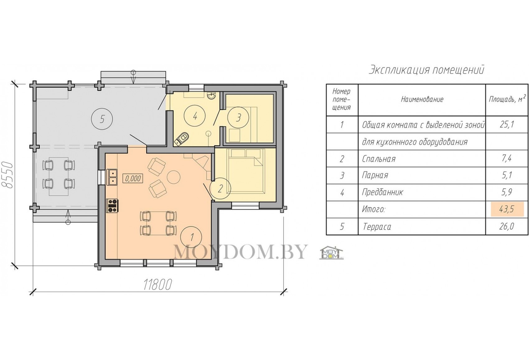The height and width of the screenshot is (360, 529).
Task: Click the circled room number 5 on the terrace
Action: [x=102, y=119]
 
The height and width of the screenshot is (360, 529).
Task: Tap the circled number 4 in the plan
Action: [x=195, y=116]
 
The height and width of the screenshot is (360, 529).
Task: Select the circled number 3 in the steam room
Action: [x=238, y=117]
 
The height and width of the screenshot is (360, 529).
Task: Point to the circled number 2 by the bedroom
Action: [x=220, y=188]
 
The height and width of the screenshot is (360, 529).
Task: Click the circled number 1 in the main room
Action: [x=191, y=237]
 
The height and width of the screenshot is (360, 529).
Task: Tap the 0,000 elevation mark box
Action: [x=133, y=178]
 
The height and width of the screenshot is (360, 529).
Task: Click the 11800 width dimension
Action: [x=157, y=285]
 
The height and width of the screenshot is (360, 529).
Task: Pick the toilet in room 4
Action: [x=182, y=139]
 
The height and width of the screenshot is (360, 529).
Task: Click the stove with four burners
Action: [x=113, y=206]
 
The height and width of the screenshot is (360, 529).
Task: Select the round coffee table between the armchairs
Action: [x=174, y=177]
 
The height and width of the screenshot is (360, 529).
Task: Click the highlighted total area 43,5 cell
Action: [x=507, y=209]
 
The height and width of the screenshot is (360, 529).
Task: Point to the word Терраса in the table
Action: [x=377, y=227]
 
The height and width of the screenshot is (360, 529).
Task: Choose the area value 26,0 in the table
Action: [x=507, y=226]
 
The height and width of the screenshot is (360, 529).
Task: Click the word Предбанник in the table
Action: [x=382, y=192]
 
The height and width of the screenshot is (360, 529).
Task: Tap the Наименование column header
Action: [x=422, y=99]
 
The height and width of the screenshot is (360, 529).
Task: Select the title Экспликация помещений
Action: [x=427, y=70]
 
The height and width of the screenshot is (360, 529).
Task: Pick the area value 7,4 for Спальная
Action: [x=507, y=159]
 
